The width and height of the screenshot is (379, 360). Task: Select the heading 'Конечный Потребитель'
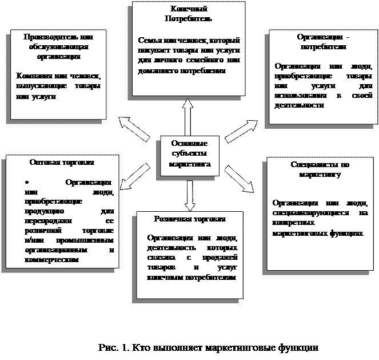point(189,14)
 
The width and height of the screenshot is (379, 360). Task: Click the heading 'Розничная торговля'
point(190,219)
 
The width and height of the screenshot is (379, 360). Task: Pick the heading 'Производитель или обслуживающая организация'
point(57,46)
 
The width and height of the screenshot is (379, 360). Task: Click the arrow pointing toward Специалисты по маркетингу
point(240,179)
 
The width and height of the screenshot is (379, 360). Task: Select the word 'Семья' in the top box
point(149,41)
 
